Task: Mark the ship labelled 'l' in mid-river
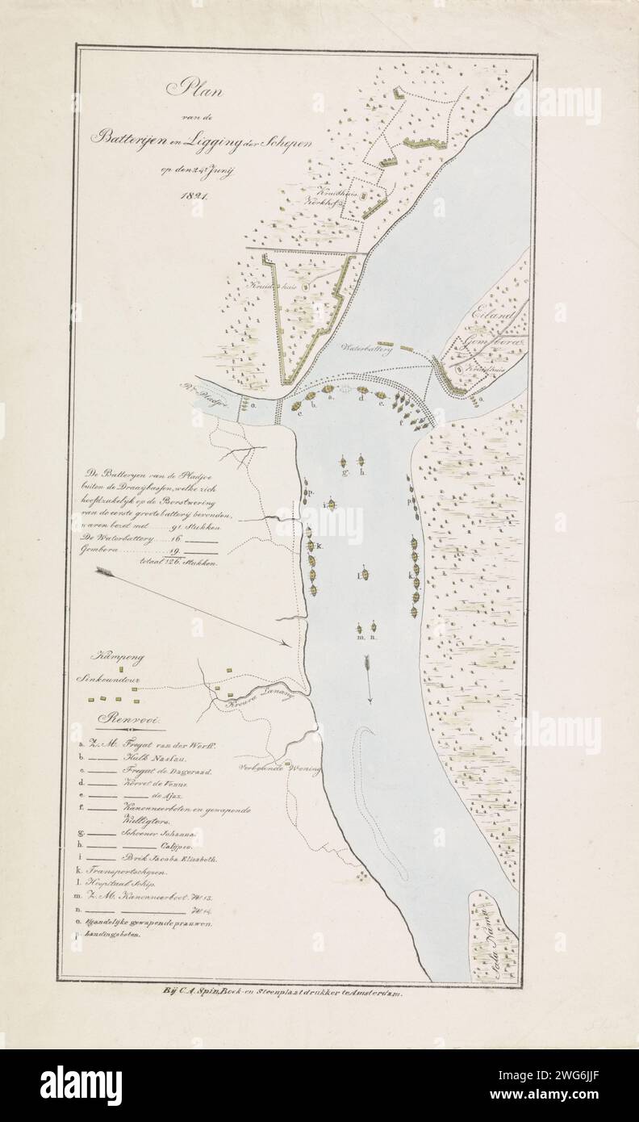(x=365, y=575)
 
